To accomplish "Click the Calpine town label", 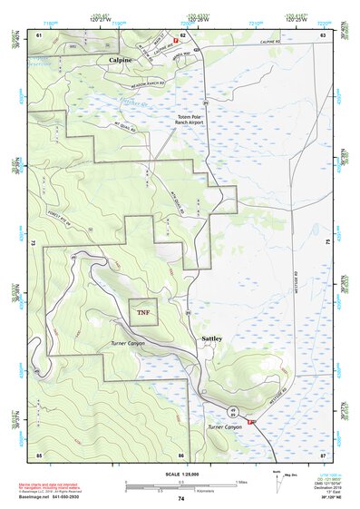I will (x=120, y=60).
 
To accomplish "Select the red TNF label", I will (x=143, y=313).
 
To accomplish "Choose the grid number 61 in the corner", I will (x=39, y=34).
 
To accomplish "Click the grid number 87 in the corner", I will (x=323, y=453).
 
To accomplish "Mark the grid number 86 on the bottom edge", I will (x=181, y=454).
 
